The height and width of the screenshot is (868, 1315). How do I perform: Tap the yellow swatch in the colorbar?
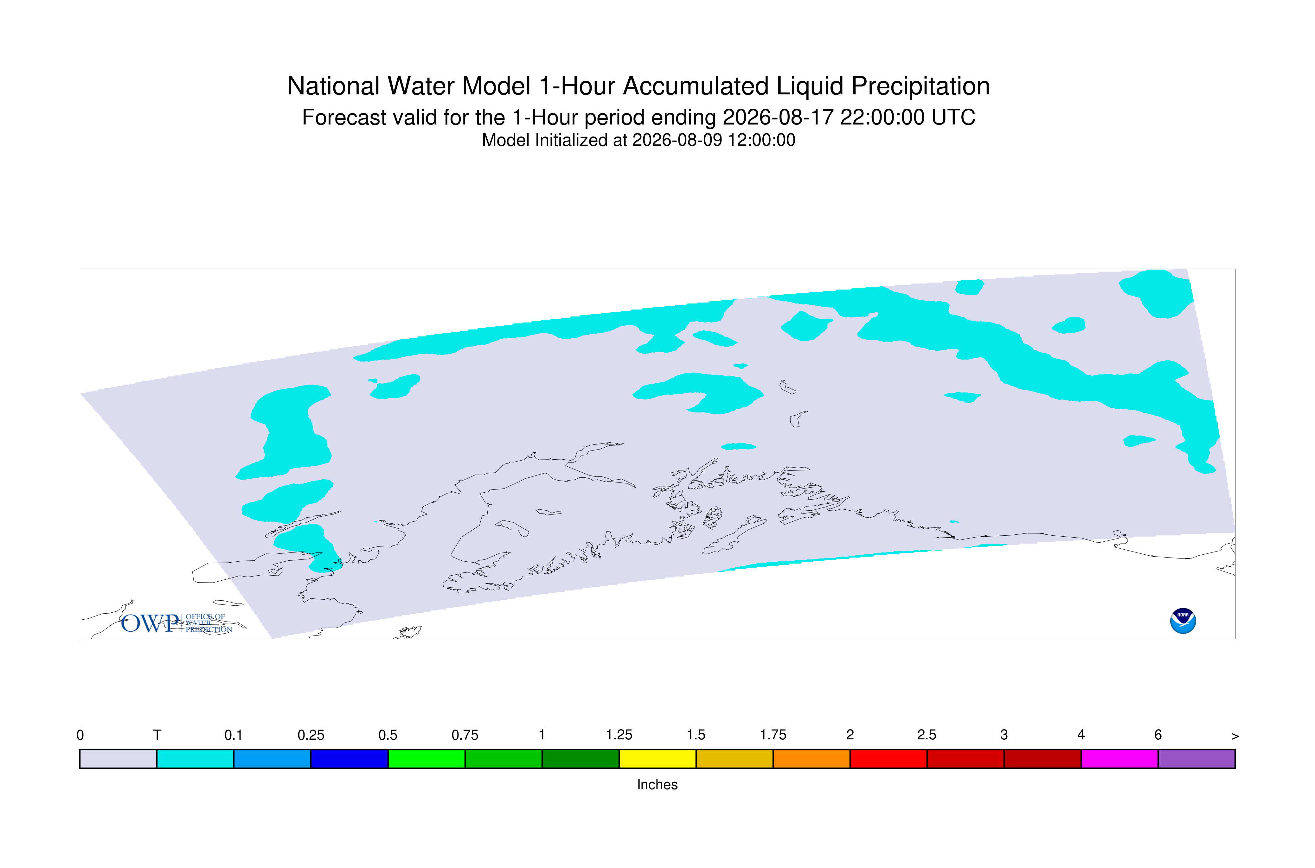[x=657, y=759]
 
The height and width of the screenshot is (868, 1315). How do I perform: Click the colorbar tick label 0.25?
[x=311, y=735]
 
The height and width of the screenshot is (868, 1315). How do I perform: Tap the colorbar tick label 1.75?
[x=773, y=735]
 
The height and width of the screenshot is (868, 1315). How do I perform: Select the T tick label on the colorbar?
[x=157, y=735]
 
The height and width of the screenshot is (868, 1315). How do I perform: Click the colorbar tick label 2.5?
[x=927, y=735]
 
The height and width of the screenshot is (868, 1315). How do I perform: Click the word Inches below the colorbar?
[x=657, y=784]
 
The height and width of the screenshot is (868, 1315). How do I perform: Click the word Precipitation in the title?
[x=920, y=87]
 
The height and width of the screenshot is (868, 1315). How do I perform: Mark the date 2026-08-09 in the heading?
[x=677, y=140]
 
